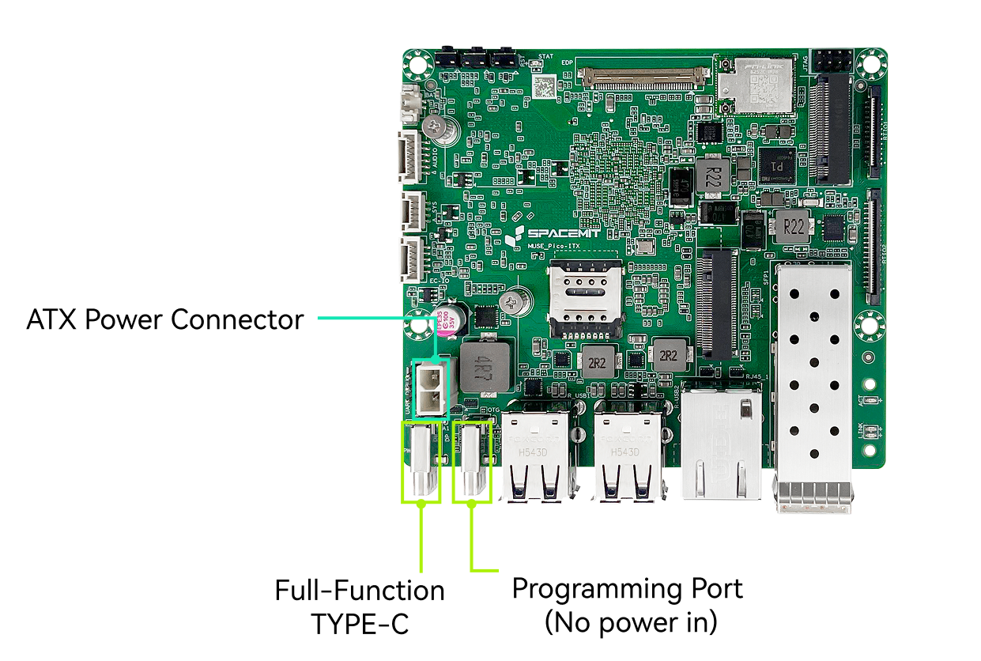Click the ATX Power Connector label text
pyautogui.click(x=164, y=320)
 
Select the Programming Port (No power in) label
pyautogui.click(x=628, y=605)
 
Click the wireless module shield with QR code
pyautogui.click(x=755, y=83)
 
